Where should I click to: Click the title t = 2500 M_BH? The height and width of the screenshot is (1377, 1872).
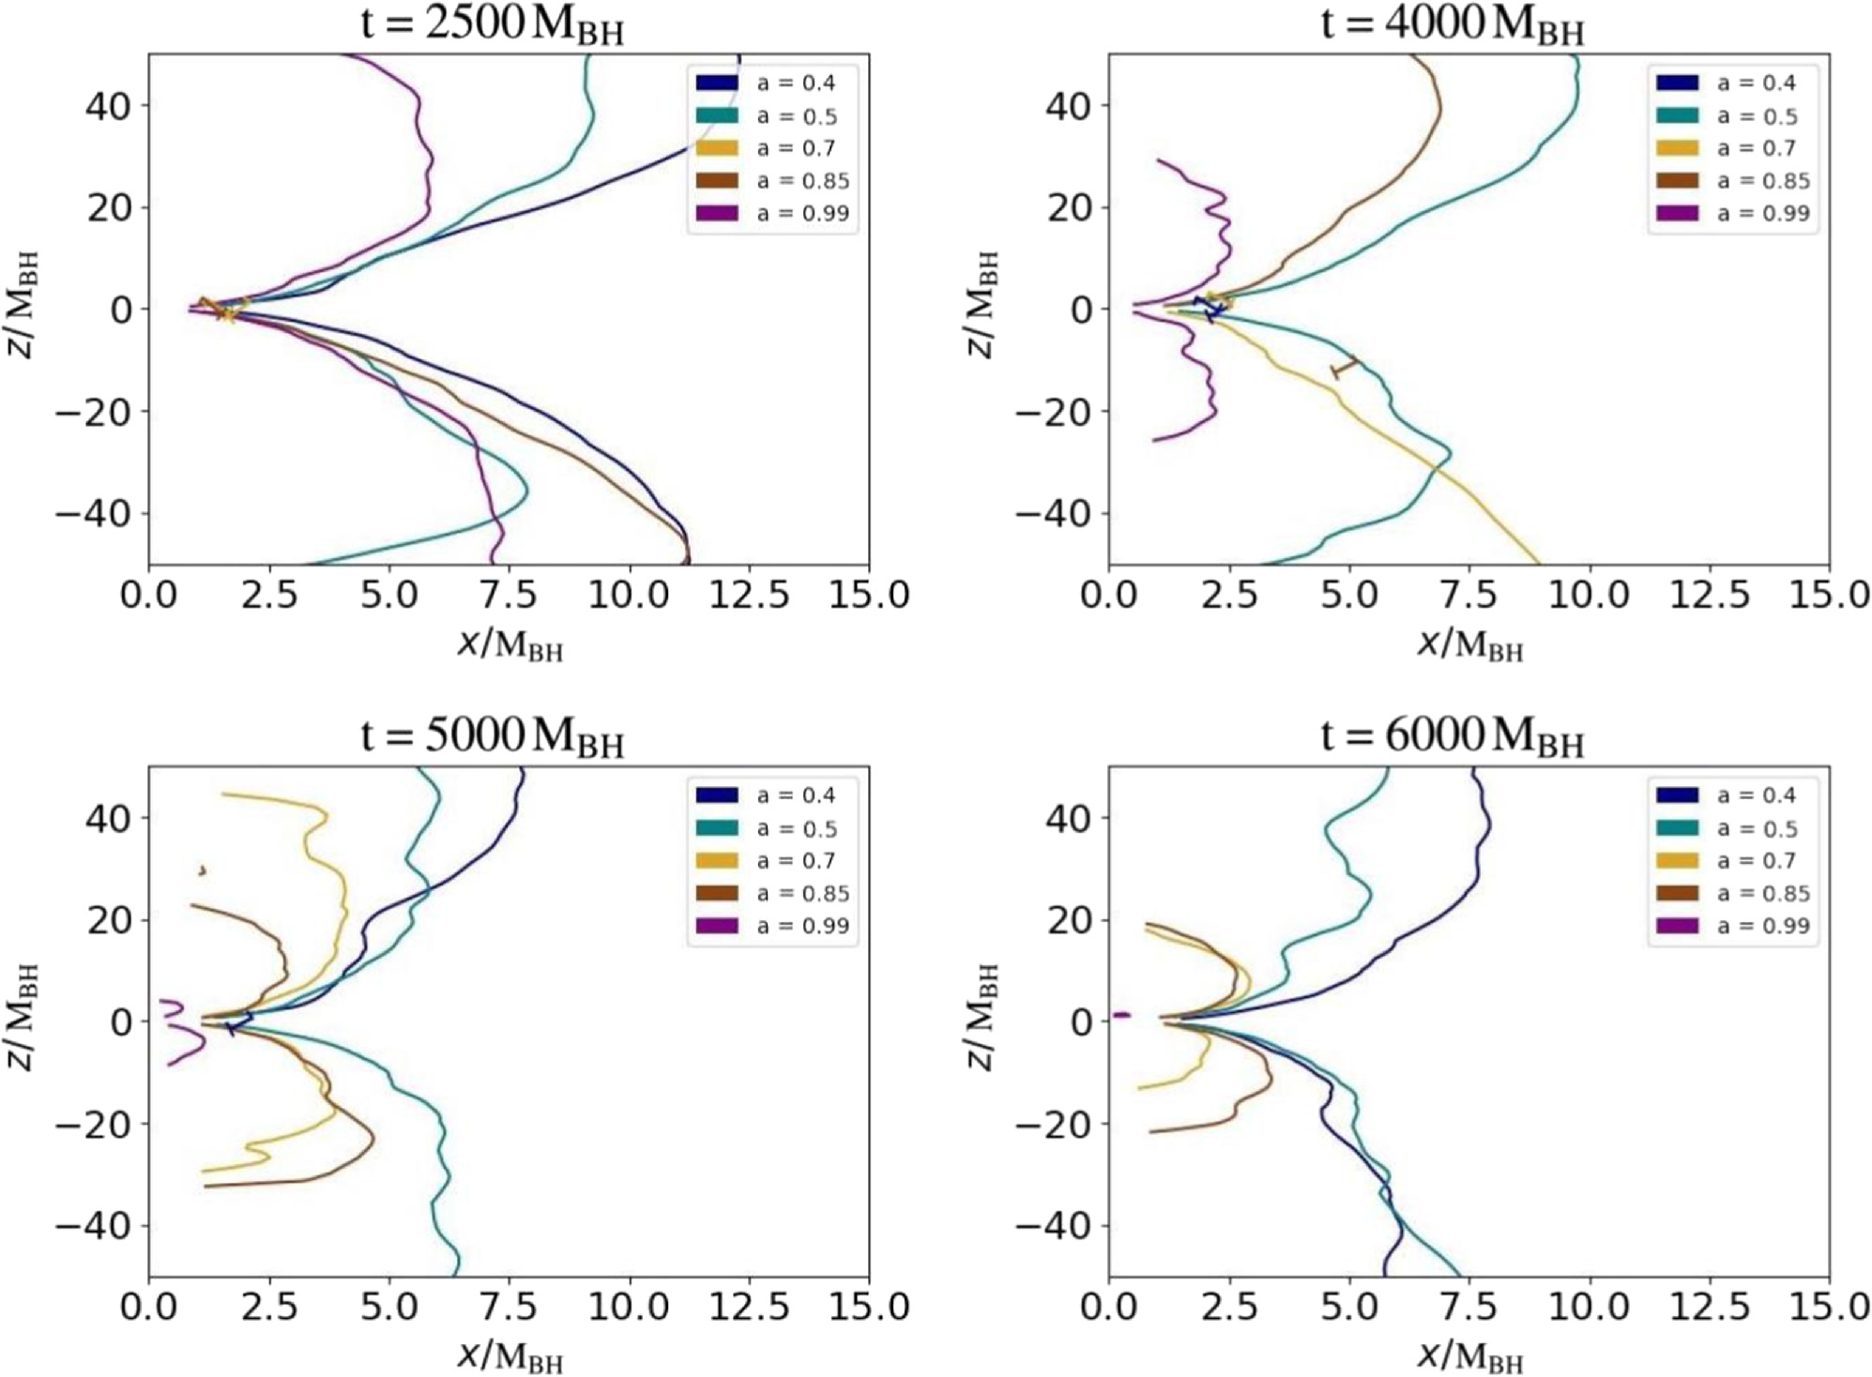[x=492, y=24]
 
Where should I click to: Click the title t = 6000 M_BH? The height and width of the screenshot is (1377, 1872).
[x=1452, y=737]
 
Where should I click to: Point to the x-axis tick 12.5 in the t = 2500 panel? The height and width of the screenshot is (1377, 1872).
[x=748, y=595]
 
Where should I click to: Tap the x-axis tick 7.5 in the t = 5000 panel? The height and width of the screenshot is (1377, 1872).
[x=509, y=1307]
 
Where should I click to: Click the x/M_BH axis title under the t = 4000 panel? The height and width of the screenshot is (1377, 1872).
[x=1469, y=644]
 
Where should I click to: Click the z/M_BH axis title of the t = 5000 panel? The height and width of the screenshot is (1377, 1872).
[x=24, y=1017]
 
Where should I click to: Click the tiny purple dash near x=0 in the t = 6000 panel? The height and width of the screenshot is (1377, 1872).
[x=1121, y=1015]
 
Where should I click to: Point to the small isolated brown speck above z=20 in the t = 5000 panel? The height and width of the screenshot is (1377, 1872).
[x=202, y=870]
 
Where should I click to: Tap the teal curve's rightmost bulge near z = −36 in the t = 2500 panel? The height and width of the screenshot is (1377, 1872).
[x=525, y=492]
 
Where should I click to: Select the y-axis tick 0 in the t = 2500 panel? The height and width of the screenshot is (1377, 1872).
[x=122, y=310]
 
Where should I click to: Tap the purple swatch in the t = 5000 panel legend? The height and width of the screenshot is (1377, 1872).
[x=717, y=926]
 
